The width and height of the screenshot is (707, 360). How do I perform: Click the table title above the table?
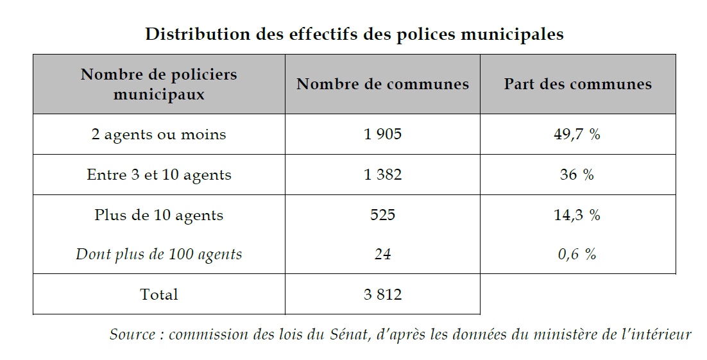point(354,34)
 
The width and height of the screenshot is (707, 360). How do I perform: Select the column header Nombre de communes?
point(382,84)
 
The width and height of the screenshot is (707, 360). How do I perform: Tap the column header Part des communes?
point(577,84)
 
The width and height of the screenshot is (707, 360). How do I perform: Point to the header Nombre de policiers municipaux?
point(159,84)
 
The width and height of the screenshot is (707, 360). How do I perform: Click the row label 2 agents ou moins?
point(159,135)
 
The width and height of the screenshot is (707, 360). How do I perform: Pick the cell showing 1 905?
point(382,135)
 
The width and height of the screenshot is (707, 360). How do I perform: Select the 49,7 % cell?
point(577,135)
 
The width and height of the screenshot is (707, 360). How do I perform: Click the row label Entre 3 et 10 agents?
point(159,175)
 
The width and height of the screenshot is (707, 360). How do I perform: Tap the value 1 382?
point(382,175)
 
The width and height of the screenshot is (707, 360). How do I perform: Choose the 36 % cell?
point(577,175)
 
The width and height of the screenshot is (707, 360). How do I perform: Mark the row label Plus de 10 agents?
point(159,215)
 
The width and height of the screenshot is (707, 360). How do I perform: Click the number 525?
point(382,215)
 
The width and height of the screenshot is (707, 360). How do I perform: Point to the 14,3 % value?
point(577,215)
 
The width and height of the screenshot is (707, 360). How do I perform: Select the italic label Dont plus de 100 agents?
point(159,254)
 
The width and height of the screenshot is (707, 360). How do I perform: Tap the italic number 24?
point(382,254)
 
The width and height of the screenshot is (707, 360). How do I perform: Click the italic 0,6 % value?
point(577,254)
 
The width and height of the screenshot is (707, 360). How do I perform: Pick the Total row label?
point(159,295)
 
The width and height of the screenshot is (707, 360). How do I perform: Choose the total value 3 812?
point(382,295)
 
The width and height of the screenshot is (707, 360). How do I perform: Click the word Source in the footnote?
point(132,334)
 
